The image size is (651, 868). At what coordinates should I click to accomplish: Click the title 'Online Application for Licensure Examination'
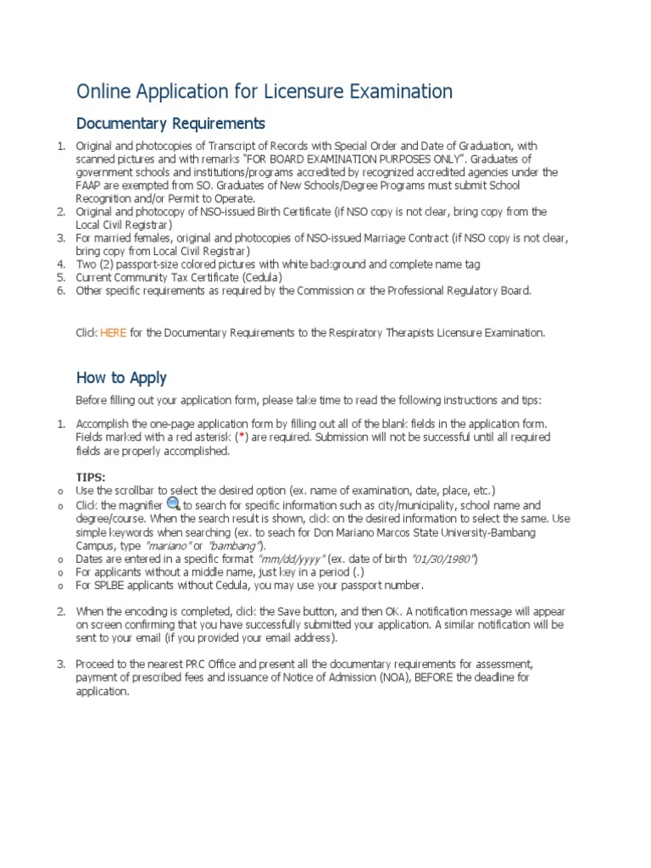click(x=264, y=91)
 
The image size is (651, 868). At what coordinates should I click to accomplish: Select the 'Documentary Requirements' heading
click(x=170, y=124)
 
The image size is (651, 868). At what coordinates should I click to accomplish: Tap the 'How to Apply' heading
click(x=121, y=378)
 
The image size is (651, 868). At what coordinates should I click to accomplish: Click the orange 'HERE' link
click(x=113, y=333)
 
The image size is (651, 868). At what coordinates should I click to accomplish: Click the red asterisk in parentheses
click(x=242, y=437)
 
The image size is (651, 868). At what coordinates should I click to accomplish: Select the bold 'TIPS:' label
click(x=92, y=478)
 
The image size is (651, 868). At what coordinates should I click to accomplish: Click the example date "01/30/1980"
click(x=444, y=559)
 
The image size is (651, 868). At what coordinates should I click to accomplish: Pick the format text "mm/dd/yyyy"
click(x=287, y=559)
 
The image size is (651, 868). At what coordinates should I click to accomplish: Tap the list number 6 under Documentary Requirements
click(x=60, y=291)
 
